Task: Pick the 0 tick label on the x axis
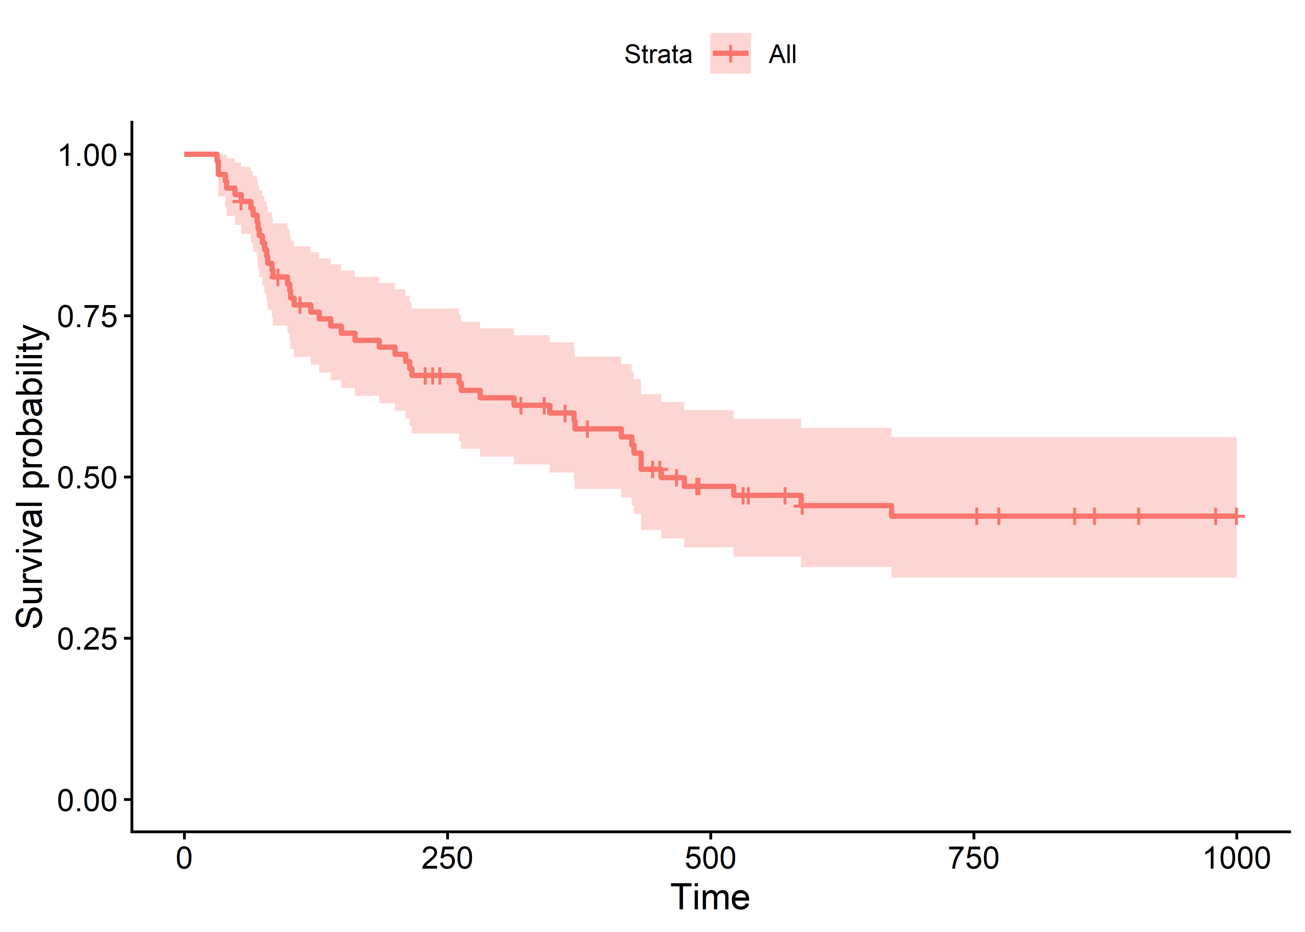(x=184, y=859)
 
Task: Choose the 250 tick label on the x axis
(x=447, y=859)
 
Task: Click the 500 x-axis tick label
(x=711, y=859)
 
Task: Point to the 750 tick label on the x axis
(x=974, y=859)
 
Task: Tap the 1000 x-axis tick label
(x=1237, y=859)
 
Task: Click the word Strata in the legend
(x=658, y=54)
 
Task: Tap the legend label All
(x=782, y=54)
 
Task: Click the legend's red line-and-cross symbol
(x=730, y=53)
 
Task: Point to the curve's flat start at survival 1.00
(x=201, y=154)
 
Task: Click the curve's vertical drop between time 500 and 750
(x=891, y=511)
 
